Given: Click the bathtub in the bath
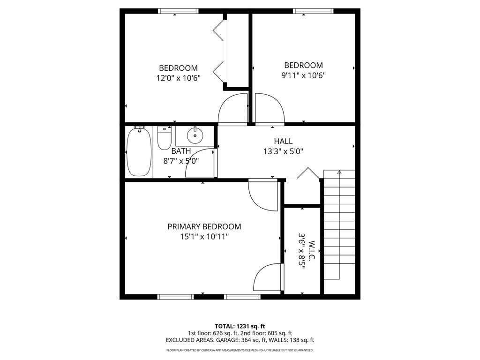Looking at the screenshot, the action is [x=139, y=152].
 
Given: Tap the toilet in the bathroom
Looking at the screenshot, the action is [x=165, y=138].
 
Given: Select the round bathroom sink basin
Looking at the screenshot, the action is [x=195, y=135].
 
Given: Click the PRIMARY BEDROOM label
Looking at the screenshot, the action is [x=204, y=226].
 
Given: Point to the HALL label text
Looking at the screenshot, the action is [x=283, y=141].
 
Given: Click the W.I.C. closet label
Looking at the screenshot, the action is [x=312, y=250].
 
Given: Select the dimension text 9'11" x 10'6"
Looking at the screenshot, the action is [x=303, y=75].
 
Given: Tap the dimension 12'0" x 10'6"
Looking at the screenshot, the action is [x=178, y=78].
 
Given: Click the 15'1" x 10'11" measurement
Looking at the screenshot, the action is [x=204, y=237].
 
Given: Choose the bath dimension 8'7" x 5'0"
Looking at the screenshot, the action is [x=181, y=161].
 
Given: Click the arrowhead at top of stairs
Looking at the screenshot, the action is [x=339, y=172].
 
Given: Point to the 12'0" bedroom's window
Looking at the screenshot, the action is [x=178, y=11].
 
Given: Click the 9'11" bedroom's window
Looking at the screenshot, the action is [x=313, y=11].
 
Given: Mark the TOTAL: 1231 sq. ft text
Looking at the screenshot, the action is [x=240, y=326].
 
